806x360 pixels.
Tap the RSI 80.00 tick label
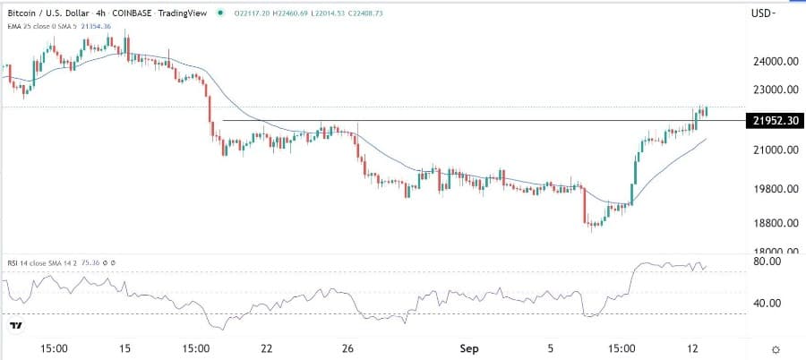tap(769, 261)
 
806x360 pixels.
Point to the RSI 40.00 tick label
tap(769, 303)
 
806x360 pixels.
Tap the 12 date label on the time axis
tap(692, 347)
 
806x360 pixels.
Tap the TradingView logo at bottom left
tap(16, 327)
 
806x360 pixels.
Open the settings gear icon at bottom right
tap(776, 347)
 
